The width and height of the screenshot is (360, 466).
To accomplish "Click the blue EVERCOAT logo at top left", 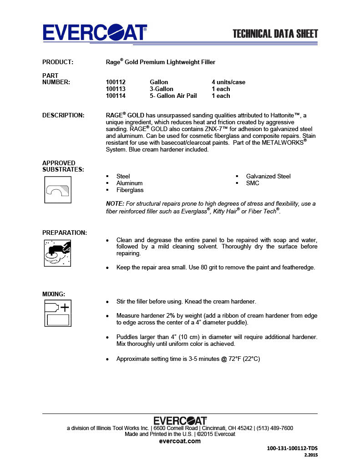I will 95,33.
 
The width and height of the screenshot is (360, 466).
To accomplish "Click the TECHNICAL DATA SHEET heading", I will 275,34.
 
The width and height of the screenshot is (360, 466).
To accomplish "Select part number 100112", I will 116,82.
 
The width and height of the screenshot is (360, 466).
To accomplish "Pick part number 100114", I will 116,96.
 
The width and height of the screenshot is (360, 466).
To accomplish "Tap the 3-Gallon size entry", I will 162,89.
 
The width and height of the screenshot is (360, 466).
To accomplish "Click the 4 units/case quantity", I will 228,82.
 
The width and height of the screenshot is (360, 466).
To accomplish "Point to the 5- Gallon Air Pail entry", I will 173,96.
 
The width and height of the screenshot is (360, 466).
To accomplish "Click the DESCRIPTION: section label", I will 63,116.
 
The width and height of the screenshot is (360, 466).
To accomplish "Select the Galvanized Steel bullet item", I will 268,177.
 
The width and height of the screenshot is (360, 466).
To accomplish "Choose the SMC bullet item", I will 253,183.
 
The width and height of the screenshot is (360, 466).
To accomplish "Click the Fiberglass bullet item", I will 130,190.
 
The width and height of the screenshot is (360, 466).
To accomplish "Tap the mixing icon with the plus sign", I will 57,313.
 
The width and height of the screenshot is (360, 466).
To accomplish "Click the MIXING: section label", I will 54,294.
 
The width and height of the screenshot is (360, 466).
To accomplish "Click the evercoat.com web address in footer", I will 180,441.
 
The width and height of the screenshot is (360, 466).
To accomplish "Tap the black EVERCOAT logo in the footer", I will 180,420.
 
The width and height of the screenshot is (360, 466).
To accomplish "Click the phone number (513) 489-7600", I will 274,428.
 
